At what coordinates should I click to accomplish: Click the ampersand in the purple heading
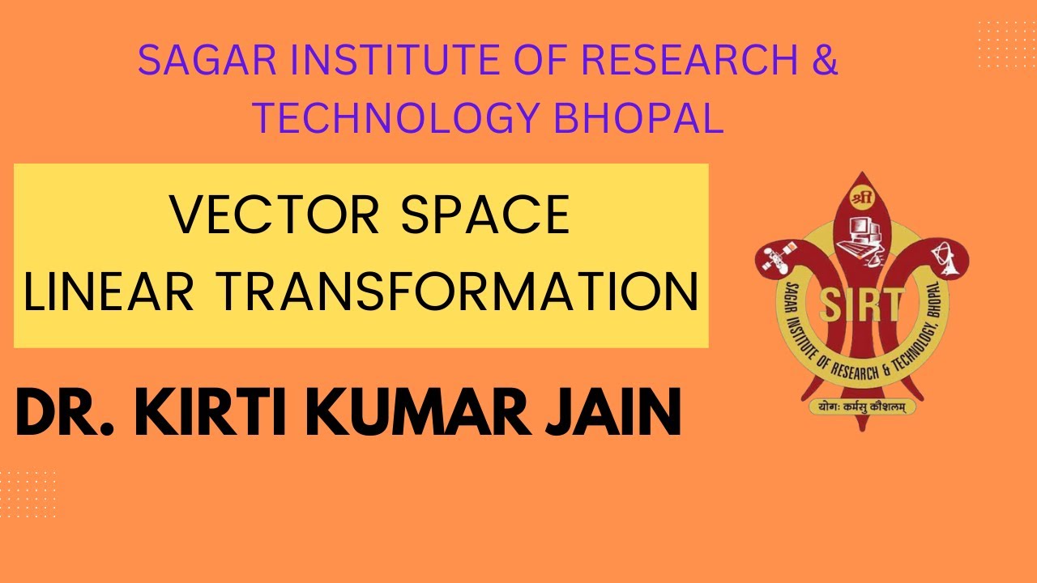point(823,61)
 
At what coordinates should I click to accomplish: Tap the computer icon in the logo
point(860,235)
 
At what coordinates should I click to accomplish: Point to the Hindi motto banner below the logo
point(860,407)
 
